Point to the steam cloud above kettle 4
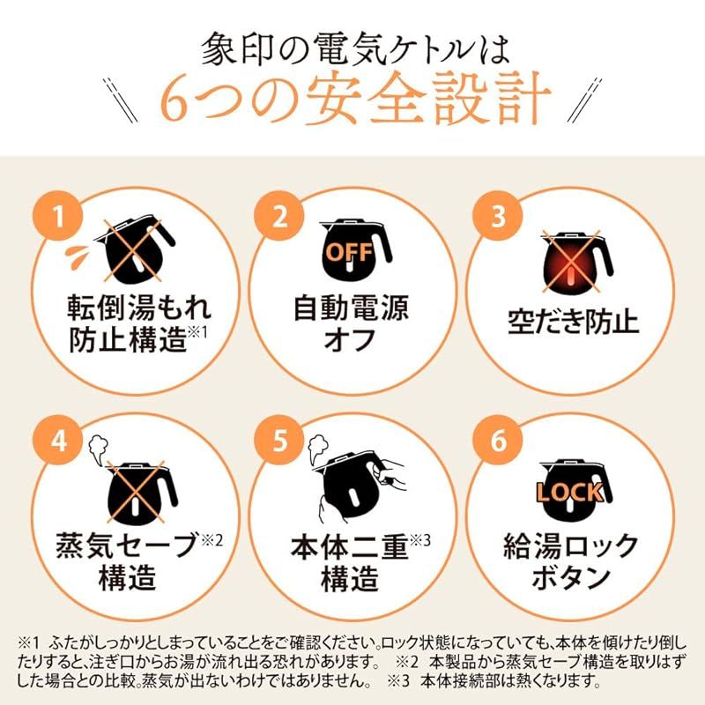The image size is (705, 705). point(94,447)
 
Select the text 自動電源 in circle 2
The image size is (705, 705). point(351,308)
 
